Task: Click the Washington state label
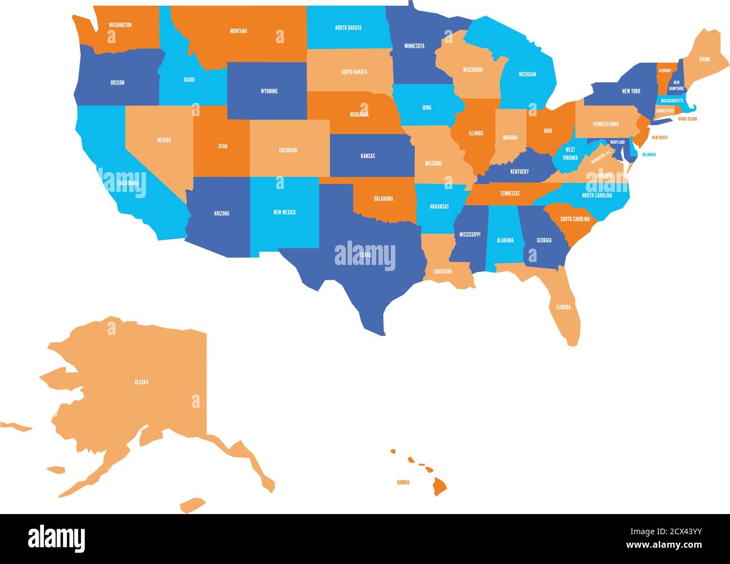click(120, 25)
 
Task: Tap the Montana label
click(238, 31)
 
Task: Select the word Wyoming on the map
click(269, 91)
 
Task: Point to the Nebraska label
click(359, 114)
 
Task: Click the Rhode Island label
click(687, 119)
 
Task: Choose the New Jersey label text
click(659, 137)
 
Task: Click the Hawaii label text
click(403, 482)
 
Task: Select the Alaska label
click(141, 382)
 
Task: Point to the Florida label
click(563, 307)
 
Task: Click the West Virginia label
click(570, 153)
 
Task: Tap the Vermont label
click(665, 71)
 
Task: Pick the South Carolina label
click(575, 219)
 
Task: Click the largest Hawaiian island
click(439, 487)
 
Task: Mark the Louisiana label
click(442, 272)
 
